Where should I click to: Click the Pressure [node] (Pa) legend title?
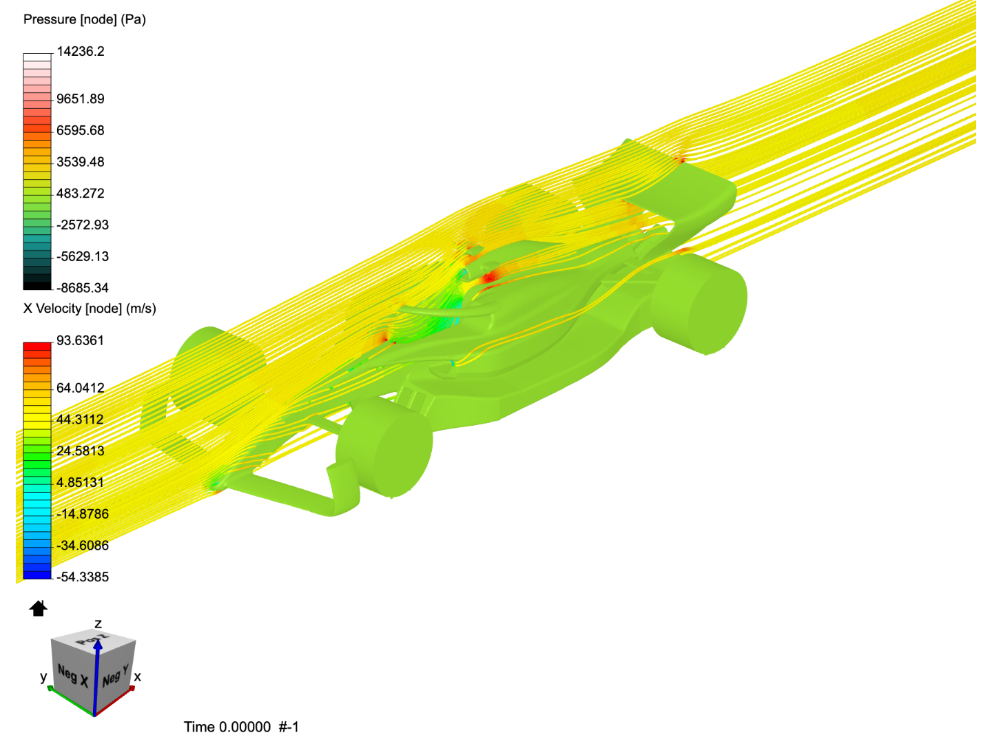pyautogui.click(x=84, y=19)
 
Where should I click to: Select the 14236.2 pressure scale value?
pyautogui.click(x=80, y=52)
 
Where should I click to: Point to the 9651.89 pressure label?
pyautogui.click(x=80, y=99)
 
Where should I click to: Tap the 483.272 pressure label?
pyautogui.click(x=80, y=194)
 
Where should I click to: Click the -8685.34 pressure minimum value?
pyautogui.click(x=82, y=288)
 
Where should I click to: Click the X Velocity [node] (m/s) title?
pyautogui.click(x=90, y=309)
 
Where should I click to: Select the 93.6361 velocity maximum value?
pyautogui.click(x=80, y=341)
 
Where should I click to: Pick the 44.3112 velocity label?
pyautogui.click(x=80, y=420)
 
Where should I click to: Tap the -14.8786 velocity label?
pyautogui.click(x=82, y=514)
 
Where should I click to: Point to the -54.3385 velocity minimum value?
pyautogui.click(x=82, y=577)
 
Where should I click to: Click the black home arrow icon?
pyautogui.click(x=38, y=608)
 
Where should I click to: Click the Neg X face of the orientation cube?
pyautogui.click(x=72, y=675)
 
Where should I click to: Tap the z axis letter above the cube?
pyautogui.click(x=98, y=624)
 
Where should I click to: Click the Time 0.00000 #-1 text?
pyautogui.click(x=241, y=727)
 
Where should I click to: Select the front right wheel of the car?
pyautogui.click(x=386, y=448)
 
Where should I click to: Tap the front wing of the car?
pyautogui.click(x=289, y=493)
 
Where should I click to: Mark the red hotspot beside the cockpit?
pyautogui.click(x=489, y=278)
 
